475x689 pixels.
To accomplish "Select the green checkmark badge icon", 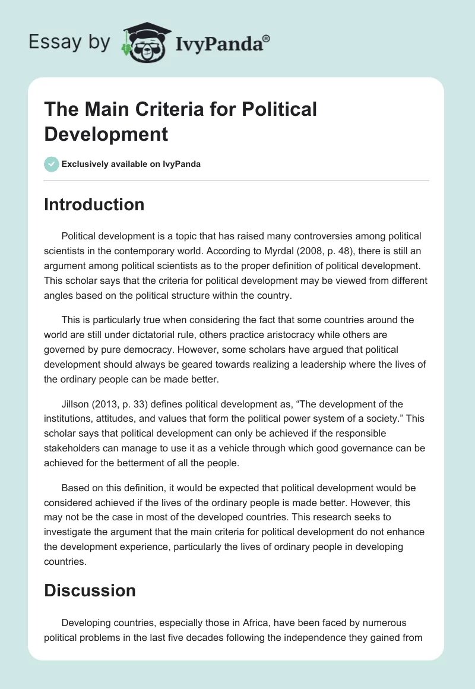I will pos(52,164).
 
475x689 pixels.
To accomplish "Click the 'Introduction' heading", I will pos(94,204).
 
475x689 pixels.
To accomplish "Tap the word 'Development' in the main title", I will pos(106,134).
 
